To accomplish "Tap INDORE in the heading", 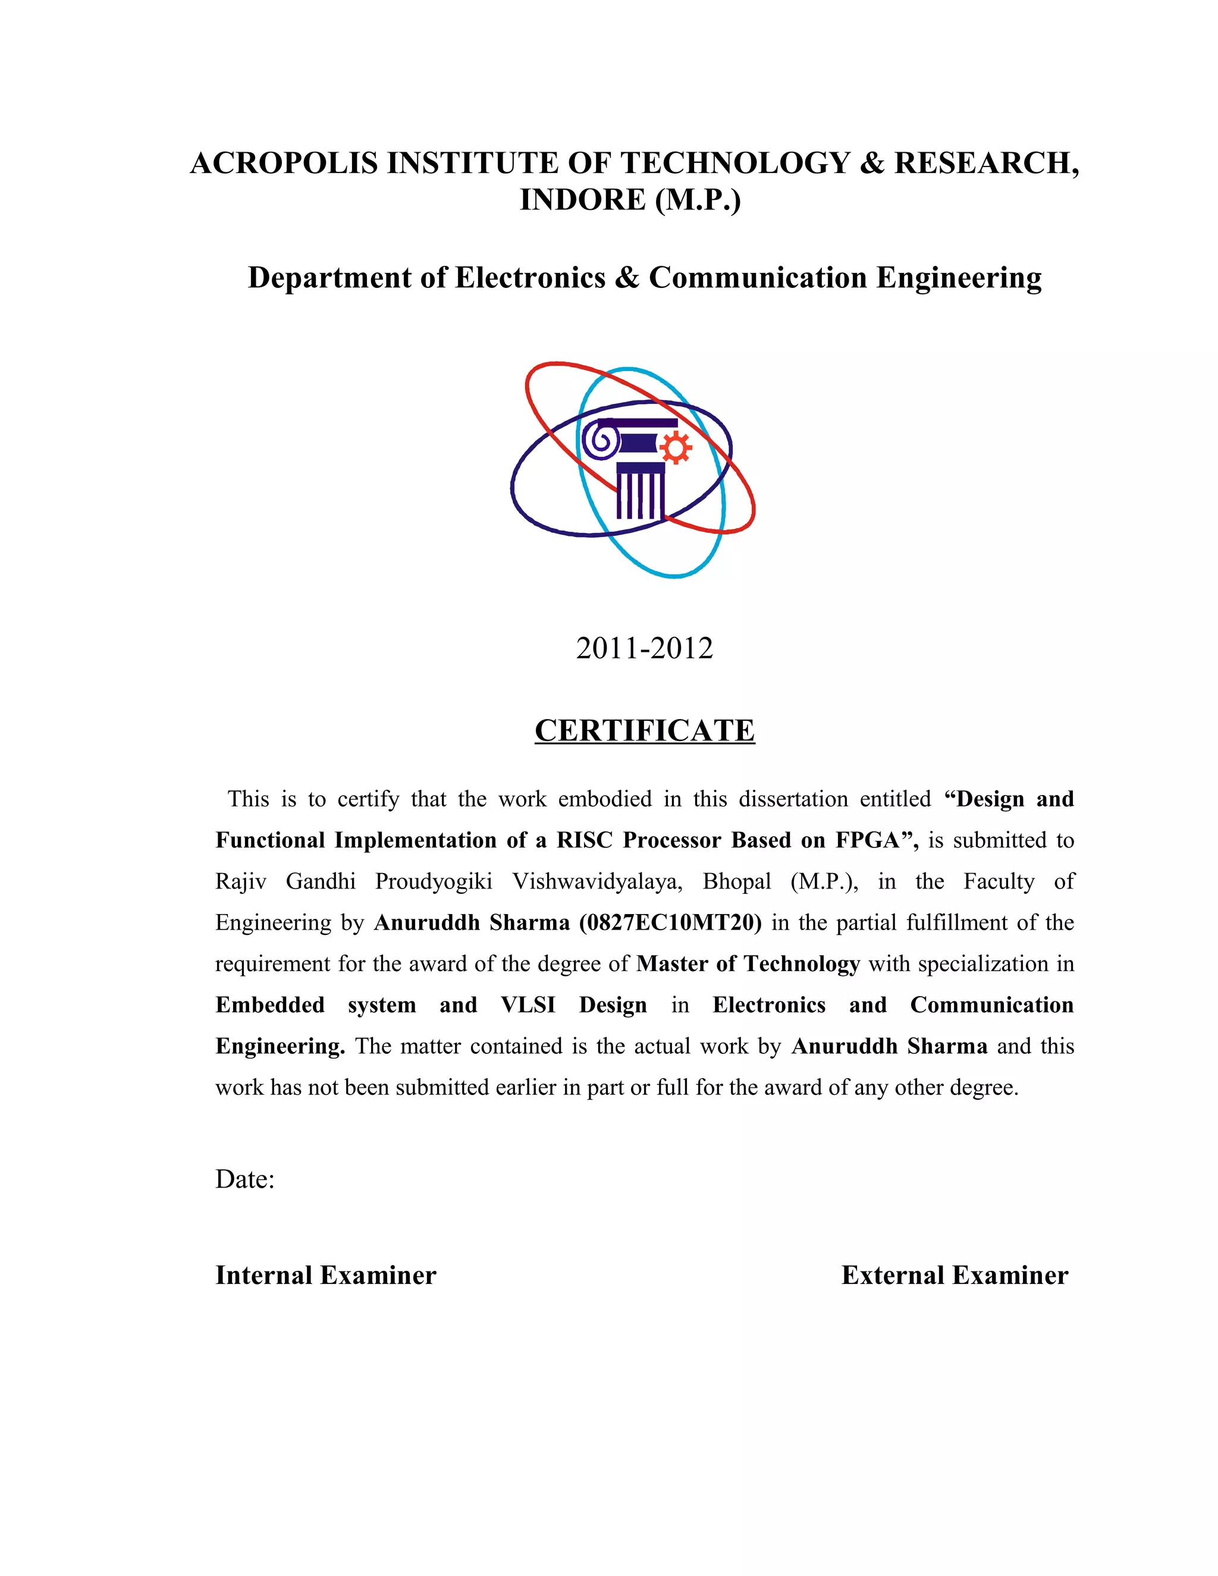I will coord(582,200).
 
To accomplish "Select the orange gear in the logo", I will coord(676,448).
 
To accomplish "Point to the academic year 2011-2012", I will coord(643,648).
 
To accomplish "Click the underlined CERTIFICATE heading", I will coord(644,731).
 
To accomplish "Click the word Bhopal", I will coord(737,881).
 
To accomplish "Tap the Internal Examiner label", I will coord(325,1275).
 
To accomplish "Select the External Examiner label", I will coord(954,1275).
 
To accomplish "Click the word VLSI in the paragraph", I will coord(528,1004).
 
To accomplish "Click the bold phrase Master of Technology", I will coord(748,963).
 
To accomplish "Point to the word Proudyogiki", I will coord(434,881).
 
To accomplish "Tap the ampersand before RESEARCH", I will coord(872,163).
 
